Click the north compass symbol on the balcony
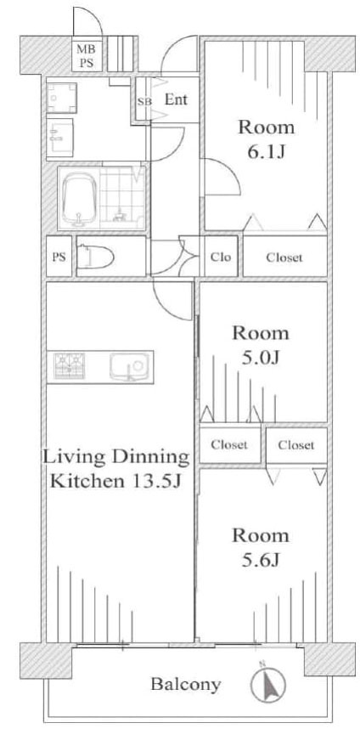point(268,683)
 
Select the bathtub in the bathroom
point(79,199)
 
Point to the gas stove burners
point(70,366)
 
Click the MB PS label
point(87,57)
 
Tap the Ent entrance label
point(176,99)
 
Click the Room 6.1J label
point(266,139)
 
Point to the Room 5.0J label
point(260,346)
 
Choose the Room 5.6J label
point(260,548)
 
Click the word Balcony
point(185,685)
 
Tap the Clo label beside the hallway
point(221,257)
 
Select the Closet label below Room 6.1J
point(284,257)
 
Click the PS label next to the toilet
point(59,257)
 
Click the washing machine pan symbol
point(61,98)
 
